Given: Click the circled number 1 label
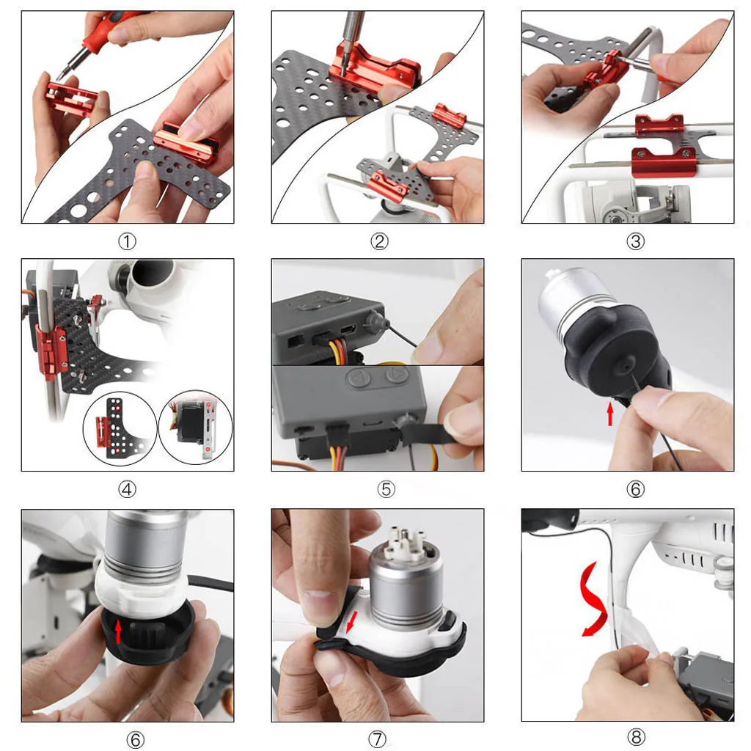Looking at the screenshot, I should click(x=128, y=241).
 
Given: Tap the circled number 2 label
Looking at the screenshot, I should click(x=379, y=241).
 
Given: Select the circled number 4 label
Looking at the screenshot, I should click(x=128, y=488).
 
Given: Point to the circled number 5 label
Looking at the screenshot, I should click(x=387, y=488).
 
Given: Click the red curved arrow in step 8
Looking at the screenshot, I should click(x=593, y=601).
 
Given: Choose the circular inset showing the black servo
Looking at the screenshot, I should click(x=196, y=427).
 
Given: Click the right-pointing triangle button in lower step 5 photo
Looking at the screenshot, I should click(x=395, y=377).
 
